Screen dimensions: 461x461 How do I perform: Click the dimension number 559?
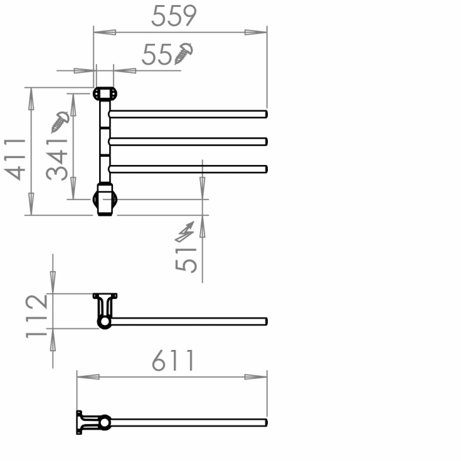pyautogui.click(x=174, y=16)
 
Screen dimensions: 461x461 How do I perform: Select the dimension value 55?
pyautogui.click(x=157, y=55)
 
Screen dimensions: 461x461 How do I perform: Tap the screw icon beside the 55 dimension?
pyautogui.click(x=184, y=53)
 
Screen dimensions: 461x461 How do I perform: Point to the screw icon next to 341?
pyautogui.click(x=60, y=121)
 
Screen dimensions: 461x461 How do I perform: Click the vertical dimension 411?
pyautogui.click(x=17, y=159)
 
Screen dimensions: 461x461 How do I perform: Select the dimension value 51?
pyautogui.click(x=186, y=257)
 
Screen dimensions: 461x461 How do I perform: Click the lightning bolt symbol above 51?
pyautogui.click(x=186, y=232)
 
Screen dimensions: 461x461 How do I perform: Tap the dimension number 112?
pyautogui.click(x=37, y=315)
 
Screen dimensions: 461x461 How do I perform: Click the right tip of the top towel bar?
pyautogui.click(x=265, y=114)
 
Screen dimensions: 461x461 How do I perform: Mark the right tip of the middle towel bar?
pyautogui.click(x=265, y=141)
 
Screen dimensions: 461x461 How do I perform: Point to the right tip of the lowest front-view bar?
pyautogui.click(x=265, y=168)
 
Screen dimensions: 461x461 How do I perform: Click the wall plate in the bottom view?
pyautogui.click(x=80, y=422)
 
